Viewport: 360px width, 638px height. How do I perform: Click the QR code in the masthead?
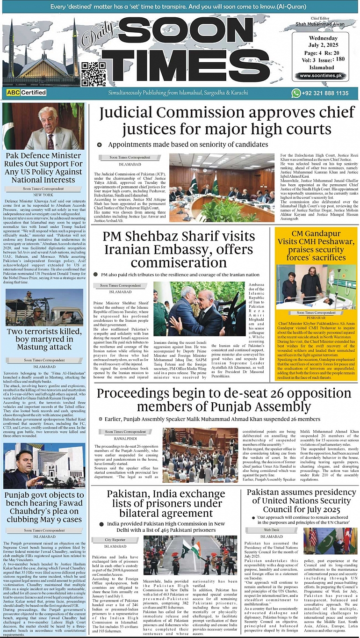[x=93, y=73]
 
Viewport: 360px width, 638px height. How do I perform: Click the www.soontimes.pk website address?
[x=320, y=76]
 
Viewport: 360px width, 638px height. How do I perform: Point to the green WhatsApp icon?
[x=295, y=94]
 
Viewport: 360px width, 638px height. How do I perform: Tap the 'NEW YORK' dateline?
[x=43, y=195]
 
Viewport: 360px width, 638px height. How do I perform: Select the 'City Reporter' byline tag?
[x=115, y=540]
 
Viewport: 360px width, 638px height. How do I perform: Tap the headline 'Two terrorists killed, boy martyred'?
[x=44, y=340]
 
